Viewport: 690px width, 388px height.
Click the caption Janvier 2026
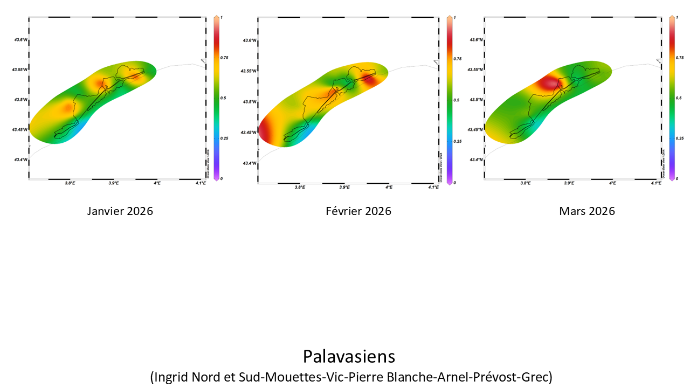(120, 211)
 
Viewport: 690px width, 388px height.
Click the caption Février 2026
(358, 211)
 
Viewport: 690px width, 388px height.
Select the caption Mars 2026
(587, 211)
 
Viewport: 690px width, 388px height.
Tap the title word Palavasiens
(349, 357)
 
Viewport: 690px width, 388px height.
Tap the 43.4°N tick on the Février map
(249, 163)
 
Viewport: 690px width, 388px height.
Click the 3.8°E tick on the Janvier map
(70, 184)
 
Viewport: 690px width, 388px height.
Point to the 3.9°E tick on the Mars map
(569, 184)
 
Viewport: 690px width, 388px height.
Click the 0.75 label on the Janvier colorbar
(223, 57)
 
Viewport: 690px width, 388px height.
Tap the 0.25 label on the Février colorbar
(457, 141)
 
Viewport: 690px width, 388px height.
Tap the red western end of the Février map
(266, 131)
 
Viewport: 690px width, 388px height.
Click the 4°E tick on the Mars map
(612, 184)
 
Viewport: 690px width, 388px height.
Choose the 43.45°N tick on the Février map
(248, 132)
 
